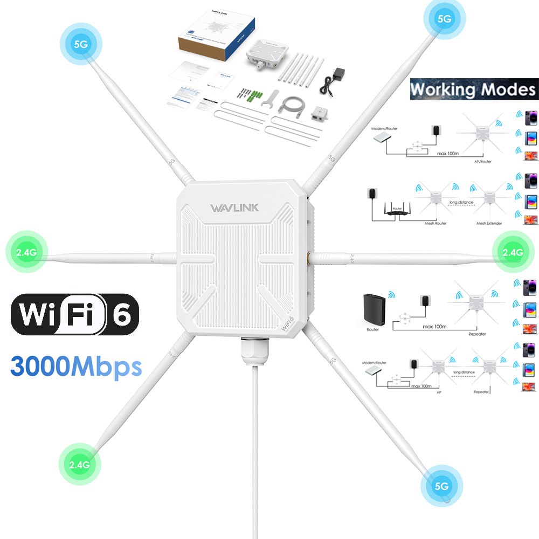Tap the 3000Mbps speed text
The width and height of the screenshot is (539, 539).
click(75, 366)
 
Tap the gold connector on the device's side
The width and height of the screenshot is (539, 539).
click(308, 258)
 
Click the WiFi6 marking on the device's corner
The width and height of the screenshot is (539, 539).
click(288, 324)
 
